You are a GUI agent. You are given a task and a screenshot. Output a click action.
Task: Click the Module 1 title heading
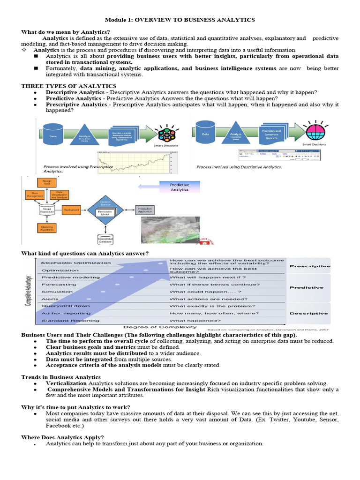(180, 20)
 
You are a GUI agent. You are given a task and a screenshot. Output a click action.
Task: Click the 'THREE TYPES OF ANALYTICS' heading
(69, 86)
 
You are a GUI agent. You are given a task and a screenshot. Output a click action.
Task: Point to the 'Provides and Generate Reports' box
(271, 135)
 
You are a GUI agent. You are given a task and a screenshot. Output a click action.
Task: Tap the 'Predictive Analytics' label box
(180, 187)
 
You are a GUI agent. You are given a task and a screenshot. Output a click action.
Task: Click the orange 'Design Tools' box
(47, 182)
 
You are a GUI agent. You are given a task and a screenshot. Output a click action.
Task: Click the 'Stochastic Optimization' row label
(76, 262)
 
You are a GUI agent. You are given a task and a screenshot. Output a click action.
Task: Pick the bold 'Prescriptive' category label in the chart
(310, 266)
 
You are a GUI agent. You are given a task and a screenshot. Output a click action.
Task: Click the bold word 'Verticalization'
(67, 383)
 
